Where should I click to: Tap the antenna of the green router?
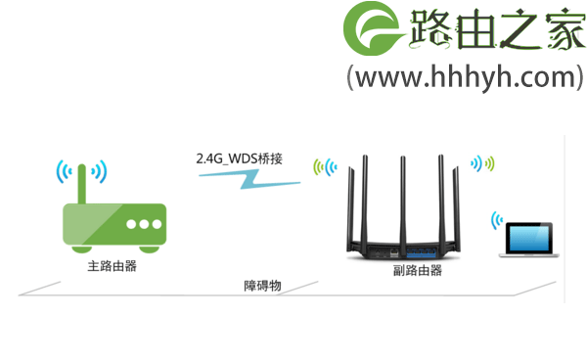[x=83, y=182]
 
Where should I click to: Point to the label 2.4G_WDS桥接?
[x=240, y=157]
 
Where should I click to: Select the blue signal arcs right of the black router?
[x=483, y=162]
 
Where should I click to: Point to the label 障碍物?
[x=262, y=286]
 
